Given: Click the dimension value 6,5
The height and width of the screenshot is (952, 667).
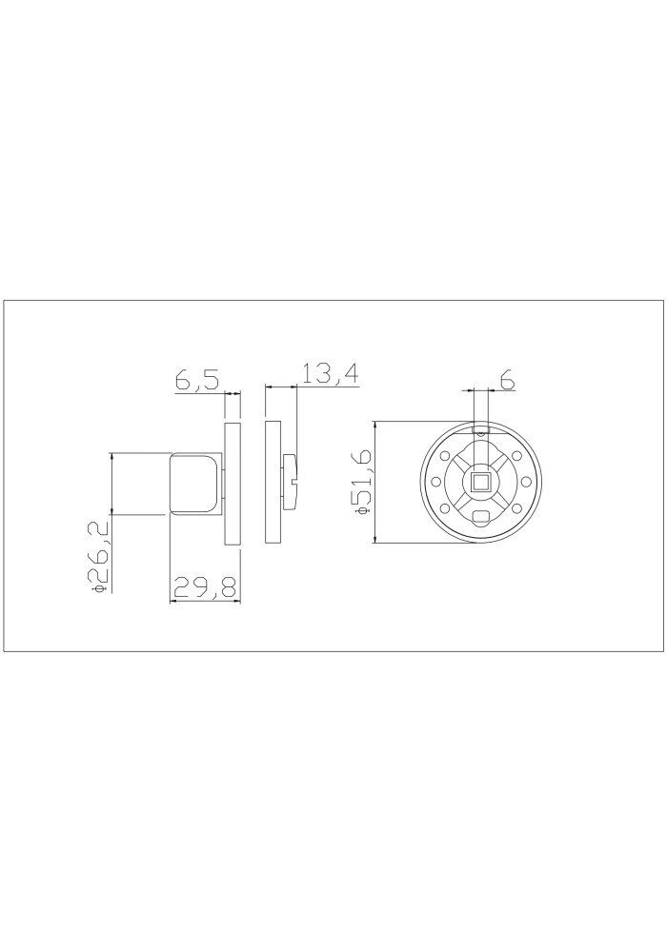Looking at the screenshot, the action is pyautogui.click(x=197, y=380).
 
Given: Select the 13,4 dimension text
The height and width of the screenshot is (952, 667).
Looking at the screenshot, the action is pyautogui.click(x=331, y=374).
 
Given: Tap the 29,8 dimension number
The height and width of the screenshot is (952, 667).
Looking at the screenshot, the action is pyautogui.click(x=204, y=587).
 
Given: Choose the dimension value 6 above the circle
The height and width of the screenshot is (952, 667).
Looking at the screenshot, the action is pyautogui.click(x=508, y=381).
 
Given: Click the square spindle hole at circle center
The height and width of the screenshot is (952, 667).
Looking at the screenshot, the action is pyautogui.click(x=481, y=482).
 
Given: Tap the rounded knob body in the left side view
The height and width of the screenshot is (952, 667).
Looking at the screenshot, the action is pyautogui.click(x=193, y=483).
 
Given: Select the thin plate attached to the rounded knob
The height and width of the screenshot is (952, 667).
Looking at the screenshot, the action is pyautogui.click(x=232, y=484).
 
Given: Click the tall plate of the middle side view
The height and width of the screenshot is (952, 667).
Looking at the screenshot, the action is pyautogui.click(x=273, y=482).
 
